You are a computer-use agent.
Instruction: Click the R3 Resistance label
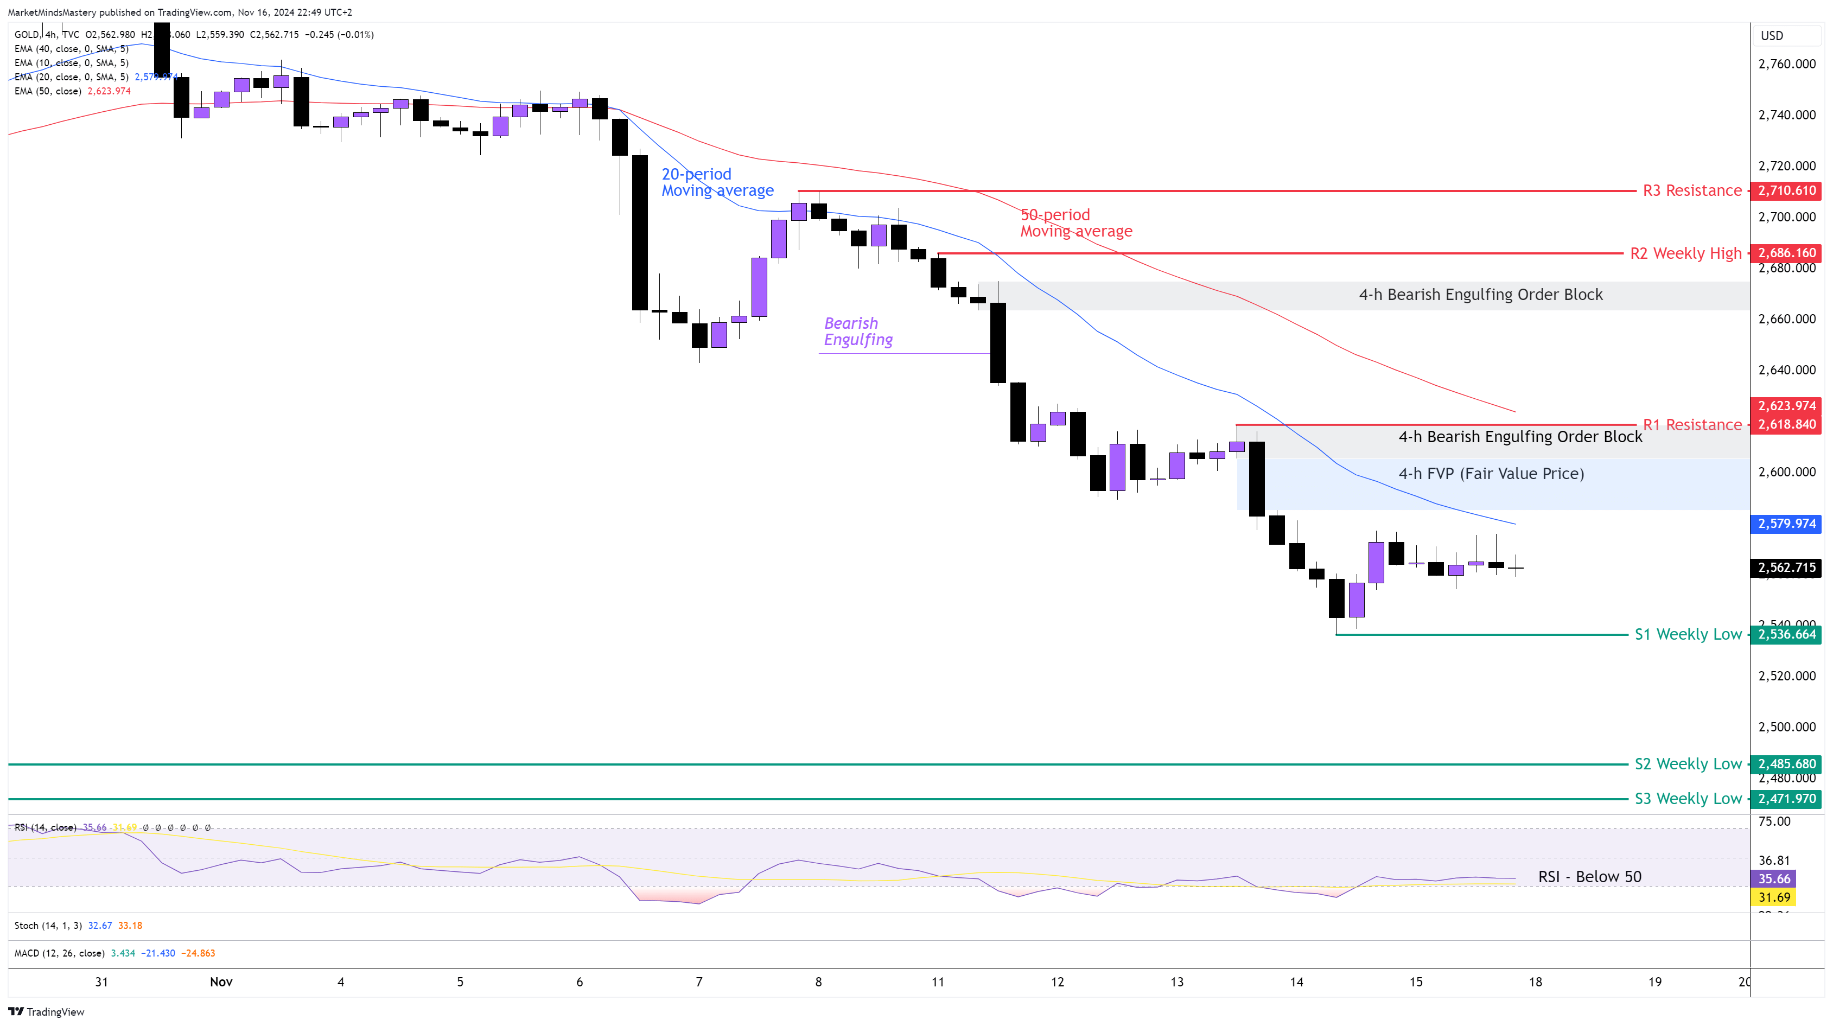tap(1691, 190)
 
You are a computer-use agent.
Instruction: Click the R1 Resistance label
tap(1691, 425)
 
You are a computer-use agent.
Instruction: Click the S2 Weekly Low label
tap(1687, 763)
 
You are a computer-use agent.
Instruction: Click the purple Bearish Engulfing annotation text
tap(857, 332)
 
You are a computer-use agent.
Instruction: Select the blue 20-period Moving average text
tap(717, 182)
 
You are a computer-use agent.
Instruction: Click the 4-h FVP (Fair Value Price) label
tap(1491, 474)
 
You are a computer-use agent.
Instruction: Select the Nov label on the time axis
tap(221, 982)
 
